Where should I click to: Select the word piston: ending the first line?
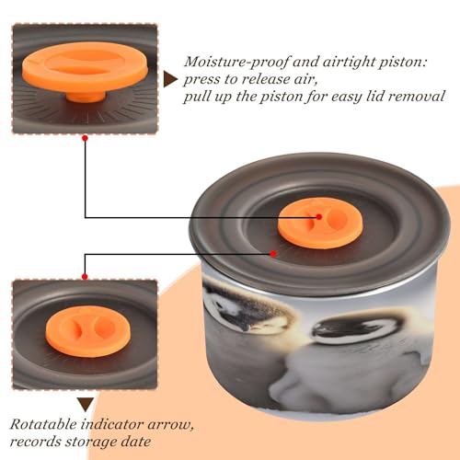pos(403,63)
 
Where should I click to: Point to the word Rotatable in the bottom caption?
pos(43,424)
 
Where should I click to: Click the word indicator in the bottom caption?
pos(112,424)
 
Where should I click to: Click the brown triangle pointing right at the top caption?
pos(170,79)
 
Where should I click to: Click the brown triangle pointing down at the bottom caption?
pos(86,404)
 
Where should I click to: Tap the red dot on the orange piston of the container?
pos(319,217)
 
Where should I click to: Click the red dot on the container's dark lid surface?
pos(273,254)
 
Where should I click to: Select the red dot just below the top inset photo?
pos(86,138)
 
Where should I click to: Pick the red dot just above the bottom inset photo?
pos(85,277)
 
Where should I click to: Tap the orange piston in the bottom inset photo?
pos(88,332)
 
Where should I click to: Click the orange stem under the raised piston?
pos(86,96)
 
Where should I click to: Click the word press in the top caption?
pos(201,80)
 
